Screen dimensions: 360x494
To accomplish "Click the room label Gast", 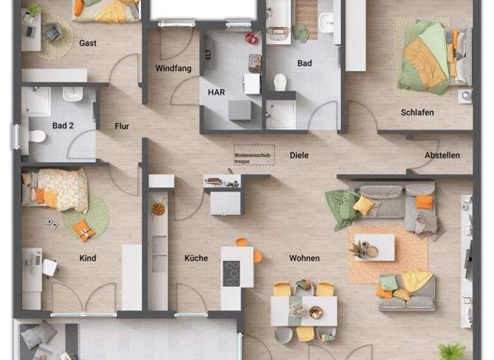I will click(88, 43).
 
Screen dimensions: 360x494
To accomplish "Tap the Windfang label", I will click(173, 68).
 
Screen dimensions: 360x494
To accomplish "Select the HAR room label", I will click(216, 93).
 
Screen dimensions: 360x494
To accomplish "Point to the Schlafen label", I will click(417, 113).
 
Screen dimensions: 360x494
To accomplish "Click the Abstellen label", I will click(442, 155).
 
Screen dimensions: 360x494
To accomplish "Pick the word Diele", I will click(299, 155).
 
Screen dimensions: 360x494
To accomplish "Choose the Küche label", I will click(196, 258).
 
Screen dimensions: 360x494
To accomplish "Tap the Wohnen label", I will click(304, 258).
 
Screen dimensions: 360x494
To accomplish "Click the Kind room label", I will click(87, 258).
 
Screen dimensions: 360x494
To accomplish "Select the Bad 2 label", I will click(63, 126).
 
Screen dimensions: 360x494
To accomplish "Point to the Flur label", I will click(122, 126).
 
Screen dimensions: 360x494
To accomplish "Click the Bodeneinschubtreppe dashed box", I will click(253, 155).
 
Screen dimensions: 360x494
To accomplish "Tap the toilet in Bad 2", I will click(37, 136).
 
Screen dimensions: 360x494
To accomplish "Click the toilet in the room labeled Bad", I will click(280, 82).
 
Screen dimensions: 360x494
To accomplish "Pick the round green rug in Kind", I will click(86, 216).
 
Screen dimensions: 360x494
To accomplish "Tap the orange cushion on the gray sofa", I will click(424, 202).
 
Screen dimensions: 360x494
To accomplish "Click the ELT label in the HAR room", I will click(208, 55).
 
